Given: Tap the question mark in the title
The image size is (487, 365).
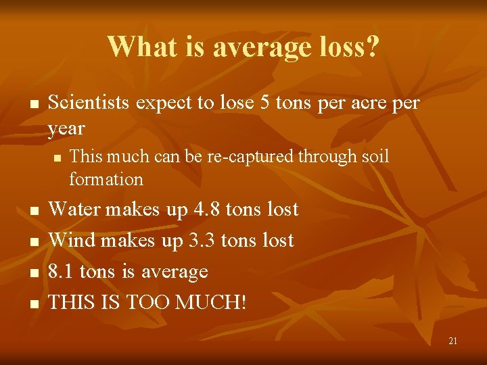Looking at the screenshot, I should click(x=373, y=47).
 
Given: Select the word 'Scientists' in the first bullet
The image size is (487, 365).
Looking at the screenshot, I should click(x=89, y=103).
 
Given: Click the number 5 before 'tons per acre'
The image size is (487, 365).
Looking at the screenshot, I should click(x=263, y=103).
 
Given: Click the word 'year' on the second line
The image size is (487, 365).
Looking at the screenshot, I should click(x=66, y=128).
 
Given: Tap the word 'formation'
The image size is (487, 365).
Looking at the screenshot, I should click(x=106, y=180).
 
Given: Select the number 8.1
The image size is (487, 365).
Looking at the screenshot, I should click(x=63, y=272).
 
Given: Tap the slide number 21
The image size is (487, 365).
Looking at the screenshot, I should click(x=453, y=341).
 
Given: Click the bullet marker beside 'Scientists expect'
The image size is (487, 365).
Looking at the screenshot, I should click(x=32, y=105).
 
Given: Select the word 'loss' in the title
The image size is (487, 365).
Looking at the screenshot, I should click(x=338, y=47).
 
